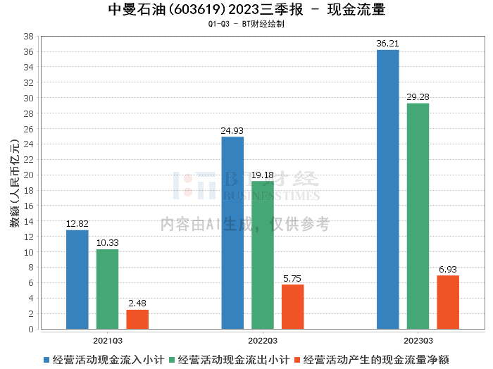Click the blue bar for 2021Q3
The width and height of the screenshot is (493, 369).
coord(77,280)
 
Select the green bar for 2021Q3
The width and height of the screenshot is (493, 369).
coord(108,289)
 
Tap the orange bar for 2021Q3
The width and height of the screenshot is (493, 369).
coord(137,319)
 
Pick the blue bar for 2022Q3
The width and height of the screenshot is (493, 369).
coord(232,232)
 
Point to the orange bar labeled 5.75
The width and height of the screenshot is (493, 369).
coord(293,306)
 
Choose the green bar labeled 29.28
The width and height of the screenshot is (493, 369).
coord(418,215)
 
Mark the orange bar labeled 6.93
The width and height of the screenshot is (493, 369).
coord(448,302)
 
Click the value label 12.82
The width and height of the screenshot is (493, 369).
coord(77,224)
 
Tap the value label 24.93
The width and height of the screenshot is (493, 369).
coord(232,131)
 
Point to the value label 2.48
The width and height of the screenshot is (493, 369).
coord(137,304)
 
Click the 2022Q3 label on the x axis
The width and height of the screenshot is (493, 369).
coord(263,339)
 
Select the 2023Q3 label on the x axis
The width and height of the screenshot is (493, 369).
coord(418,339)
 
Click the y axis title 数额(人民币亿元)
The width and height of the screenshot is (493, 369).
coord(13,182)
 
